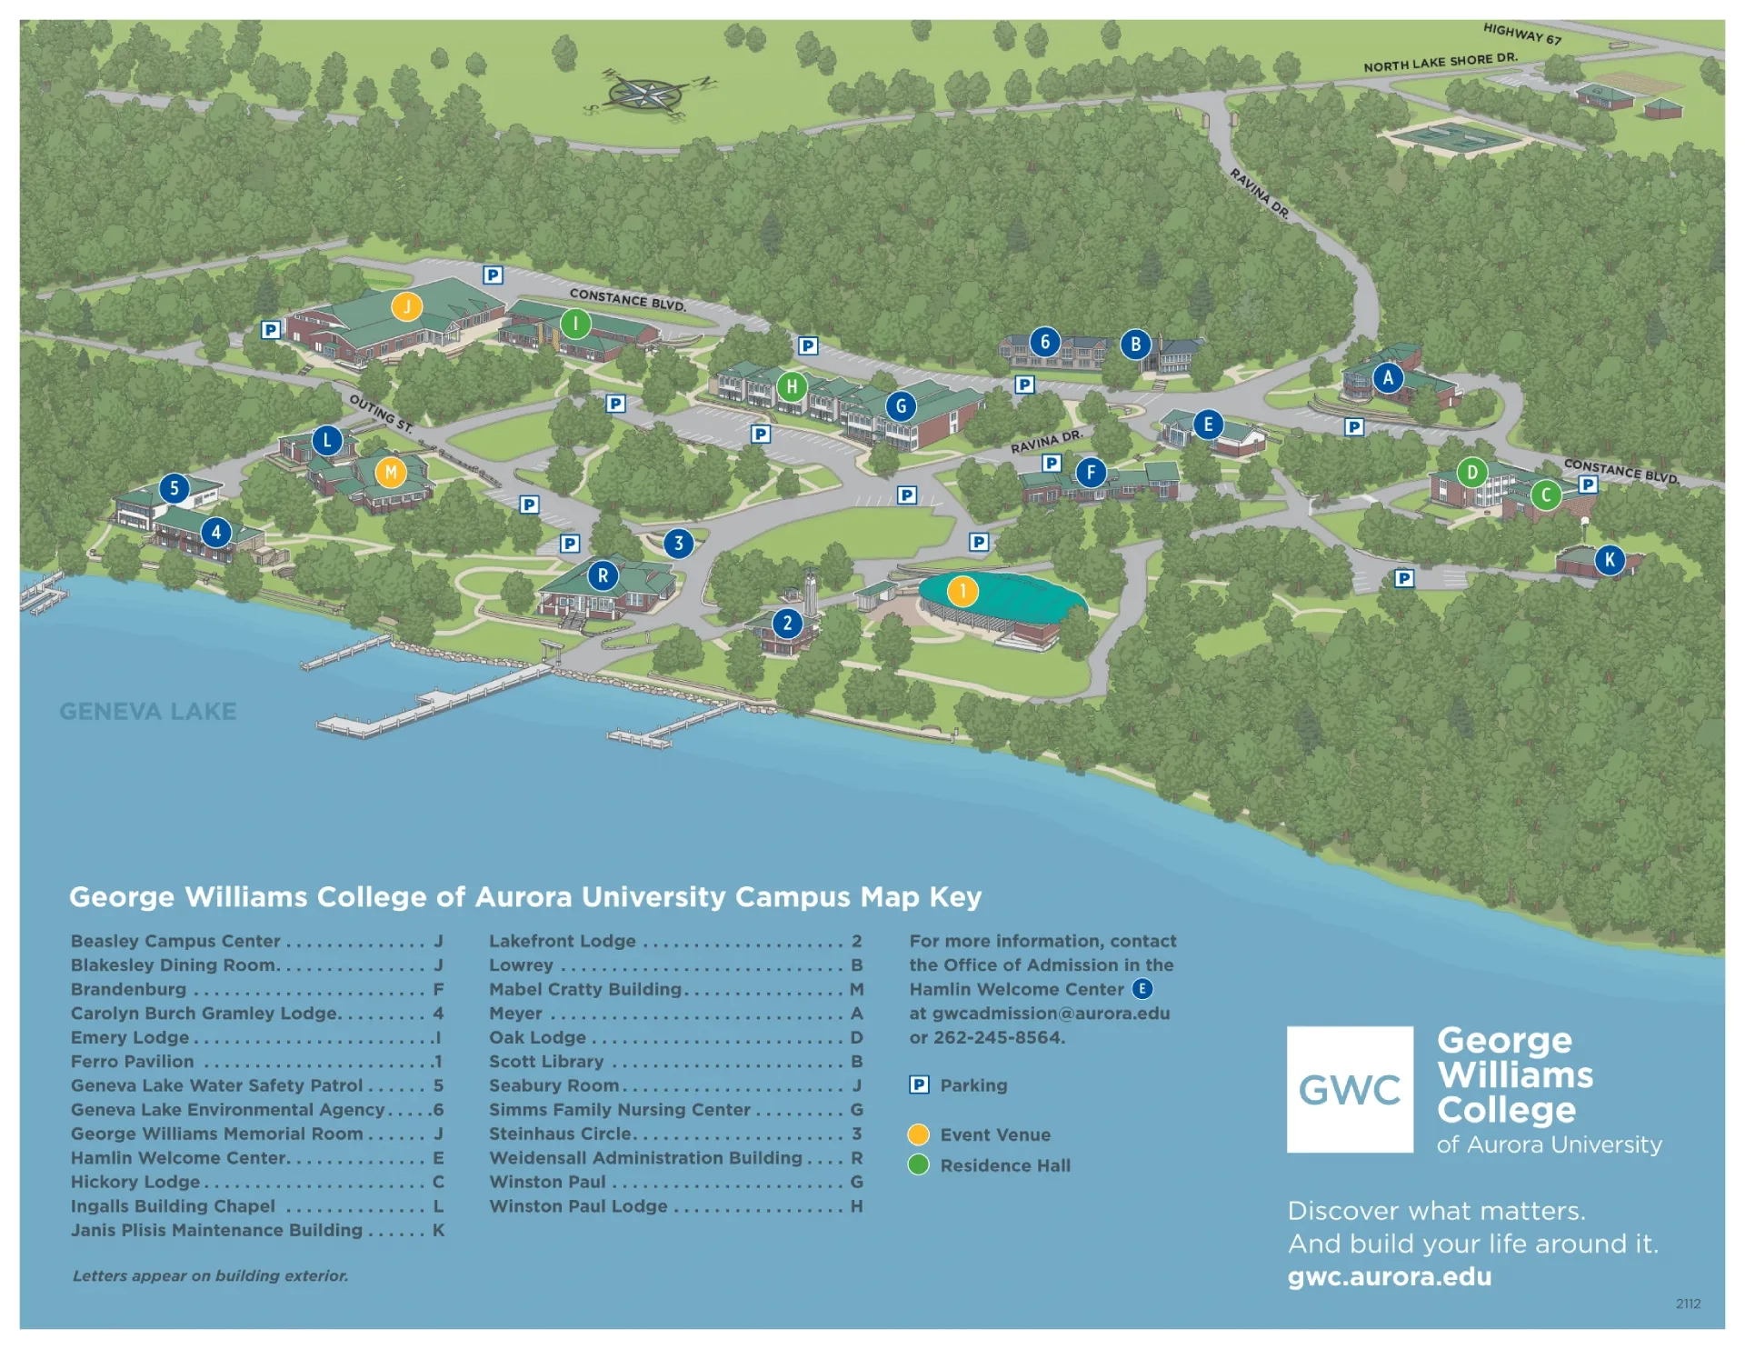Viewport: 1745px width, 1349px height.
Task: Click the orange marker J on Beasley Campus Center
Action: [x=406, y=306]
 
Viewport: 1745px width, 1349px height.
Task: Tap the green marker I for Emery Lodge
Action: [x=575, y=323]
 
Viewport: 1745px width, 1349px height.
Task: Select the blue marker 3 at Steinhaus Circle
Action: [x=678, y=544]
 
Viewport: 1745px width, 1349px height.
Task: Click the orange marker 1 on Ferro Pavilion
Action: [x=962, y=591]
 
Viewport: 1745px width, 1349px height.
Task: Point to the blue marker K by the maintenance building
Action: [x=1610, y=560]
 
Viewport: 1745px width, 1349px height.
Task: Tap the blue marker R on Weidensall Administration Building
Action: [x=603, y=575]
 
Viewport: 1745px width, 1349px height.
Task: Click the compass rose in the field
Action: [x=645, y=93]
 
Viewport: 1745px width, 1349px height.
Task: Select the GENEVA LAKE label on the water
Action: [x=148, y=711]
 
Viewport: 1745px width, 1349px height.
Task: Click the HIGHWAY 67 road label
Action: [x=1521, y=35]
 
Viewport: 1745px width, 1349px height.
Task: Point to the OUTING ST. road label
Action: [x=381, y=413]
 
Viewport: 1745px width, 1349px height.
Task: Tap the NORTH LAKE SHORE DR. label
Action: [x=1440, y=62]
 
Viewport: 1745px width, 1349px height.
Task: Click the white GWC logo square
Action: [x=1350, y=1089]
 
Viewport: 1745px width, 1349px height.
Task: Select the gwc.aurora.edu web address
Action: [x=1389, y=1276]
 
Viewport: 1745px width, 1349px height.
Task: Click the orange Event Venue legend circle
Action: [x=919, y=1134]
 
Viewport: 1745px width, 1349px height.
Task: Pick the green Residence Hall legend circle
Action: [x=919, y=1164]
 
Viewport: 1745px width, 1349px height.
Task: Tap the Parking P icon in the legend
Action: [x=919, y=1084]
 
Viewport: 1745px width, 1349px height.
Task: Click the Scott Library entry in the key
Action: [x=546, y=1061]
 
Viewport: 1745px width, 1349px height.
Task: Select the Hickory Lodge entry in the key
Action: [x=135, y=1182]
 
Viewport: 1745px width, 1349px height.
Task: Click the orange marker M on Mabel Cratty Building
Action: [x=391, y=472]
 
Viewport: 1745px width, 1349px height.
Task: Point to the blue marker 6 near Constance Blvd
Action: [x=1044, y=342]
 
